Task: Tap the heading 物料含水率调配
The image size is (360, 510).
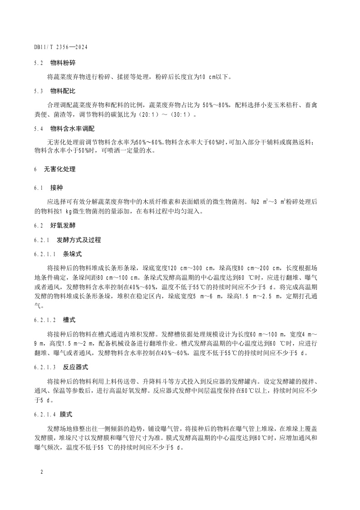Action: tap(69, 129)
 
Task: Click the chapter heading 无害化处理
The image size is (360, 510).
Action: tap(59, 169)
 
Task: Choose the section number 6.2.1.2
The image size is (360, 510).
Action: tap(44, 320)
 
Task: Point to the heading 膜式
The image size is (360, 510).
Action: tap(66, 414)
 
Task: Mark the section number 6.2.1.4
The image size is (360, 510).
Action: tap(44, 414)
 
